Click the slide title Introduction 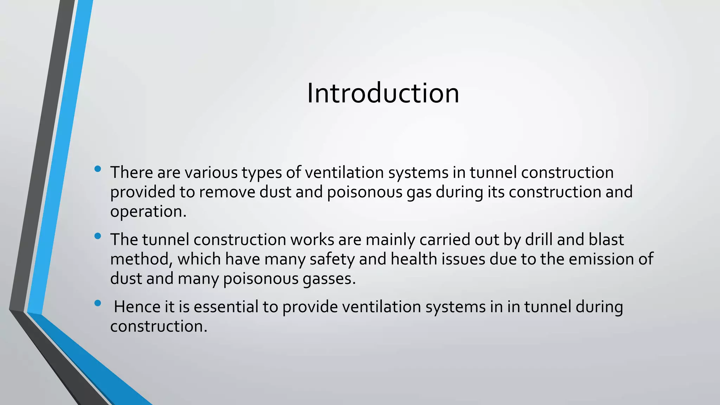point(383,94)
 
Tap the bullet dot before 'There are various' point(98,169)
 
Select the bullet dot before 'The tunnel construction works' point(98,236)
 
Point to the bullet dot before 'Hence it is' point(98,303)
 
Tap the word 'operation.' point(148,212)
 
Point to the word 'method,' point(141,259)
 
